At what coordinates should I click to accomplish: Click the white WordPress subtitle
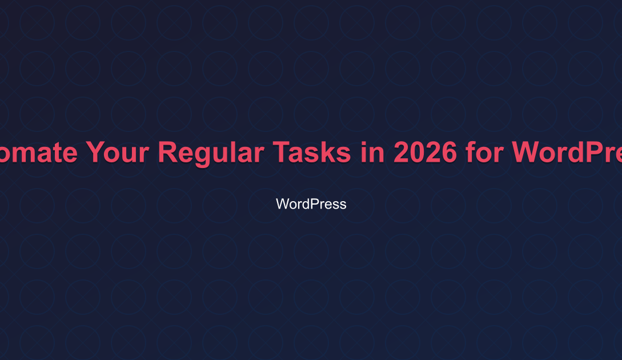click(311, 204)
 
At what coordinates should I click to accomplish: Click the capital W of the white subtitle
click(282, 204)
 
